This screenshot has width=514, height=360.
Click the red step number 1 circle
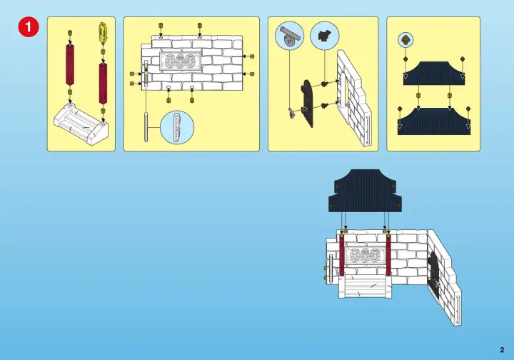29,26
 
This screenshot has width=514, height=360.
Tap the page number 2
502,350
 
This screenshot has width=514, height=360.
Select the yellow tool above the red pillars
103,32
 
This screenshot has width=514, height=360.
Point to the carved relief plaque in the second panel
180,61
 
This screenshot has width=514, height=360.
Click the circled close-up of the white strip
177,127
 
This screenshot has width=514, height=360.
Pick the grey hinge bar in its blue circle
289,36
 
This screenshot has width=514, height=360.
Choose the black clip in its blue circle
325,36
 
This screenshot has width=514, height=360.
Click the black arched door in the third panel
308,103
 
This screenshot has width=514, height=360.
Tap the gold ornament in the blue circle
405,40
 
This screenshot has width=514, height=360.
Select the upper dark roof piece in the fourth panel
434,74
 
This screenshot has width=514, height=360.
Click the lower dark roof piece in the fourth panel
434,121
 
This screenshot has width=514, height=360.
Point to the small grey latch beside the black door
291,113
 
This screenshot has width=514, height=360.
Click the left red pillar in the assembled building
341,255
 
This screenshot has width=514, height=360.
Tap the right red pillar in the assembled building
388,255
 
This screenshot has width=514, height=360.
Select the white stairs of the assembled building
366,286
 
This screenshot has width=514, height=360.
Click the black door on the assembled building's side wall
435,276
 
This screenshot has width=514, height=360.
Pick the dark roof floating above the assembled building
365,191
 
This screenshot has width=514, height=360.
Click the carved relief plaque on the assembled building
366,254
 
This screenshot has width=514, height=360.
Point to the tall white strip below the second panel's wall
146,127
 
